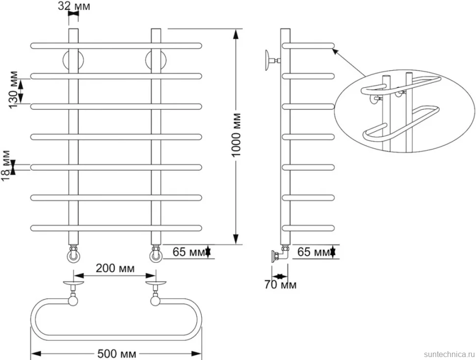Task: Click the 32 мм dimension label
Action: pos(74,6)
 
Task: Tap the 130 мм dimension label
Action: pos(13,90)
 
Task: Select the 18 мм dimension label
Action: pos(6,166)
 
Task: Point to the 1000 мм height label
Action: pos(236,135)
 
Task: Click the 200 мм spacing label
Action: pos(115,268)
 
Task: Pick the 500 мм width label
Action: pos(117,354)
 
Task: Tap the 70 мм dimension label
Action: pos(280,284)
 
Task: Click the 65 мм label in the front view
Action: pos(189,252)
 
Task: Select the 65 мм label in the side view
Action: pos(314,252)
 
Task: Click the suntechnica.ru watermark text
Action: pos(449,354)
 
